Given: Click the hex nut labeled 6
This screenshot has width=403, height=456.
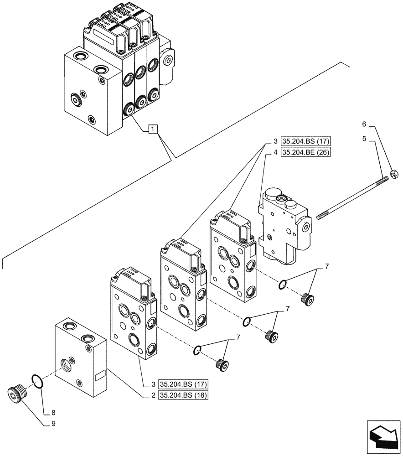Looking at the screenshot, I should click(x=395, y=172).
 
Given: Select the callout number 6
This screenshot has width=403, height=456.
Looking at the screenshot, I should click(x=364, y=124).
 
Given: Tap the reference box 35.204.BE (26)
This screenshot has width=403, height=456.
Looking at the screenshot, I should click(x=305, y=152).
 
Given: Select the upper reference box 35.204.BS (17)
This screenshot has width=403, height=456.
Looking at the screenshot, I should click(x=305, y=140).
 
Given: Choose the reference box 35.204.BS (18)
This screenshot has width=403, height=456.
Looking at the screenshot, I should click(x=183, y=395).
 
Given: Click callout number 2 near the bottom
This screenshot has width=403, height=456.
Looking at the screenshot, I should click(x=152, y=395).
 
